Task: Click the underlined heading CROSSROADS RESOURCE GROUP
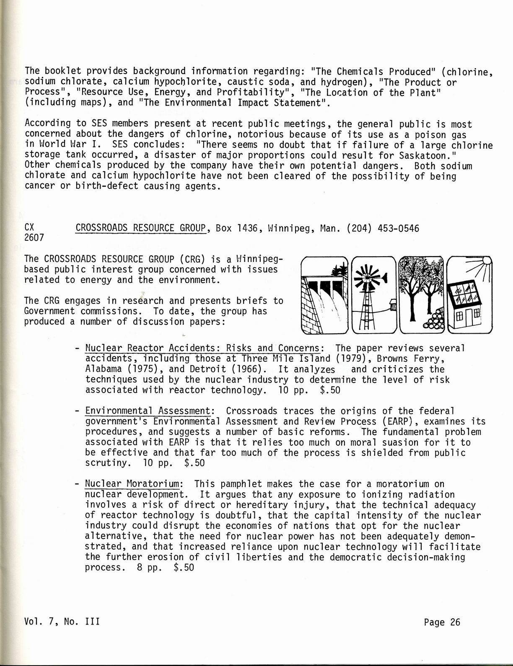141,228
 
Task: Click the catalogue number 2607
34,238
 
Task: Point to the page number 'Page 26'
442,622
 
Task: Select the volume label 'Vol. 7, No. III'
62,622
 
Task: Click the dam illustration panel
324,295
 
